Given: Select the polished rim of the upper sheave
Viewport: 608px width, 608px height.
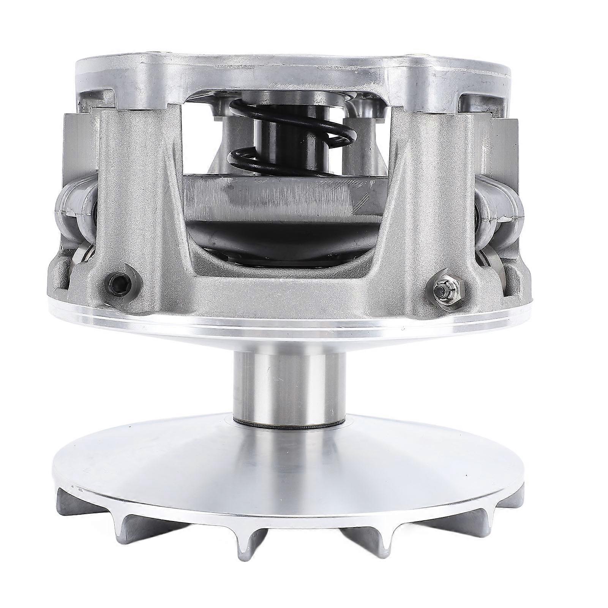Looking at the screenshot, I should (x=289, y=323).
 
